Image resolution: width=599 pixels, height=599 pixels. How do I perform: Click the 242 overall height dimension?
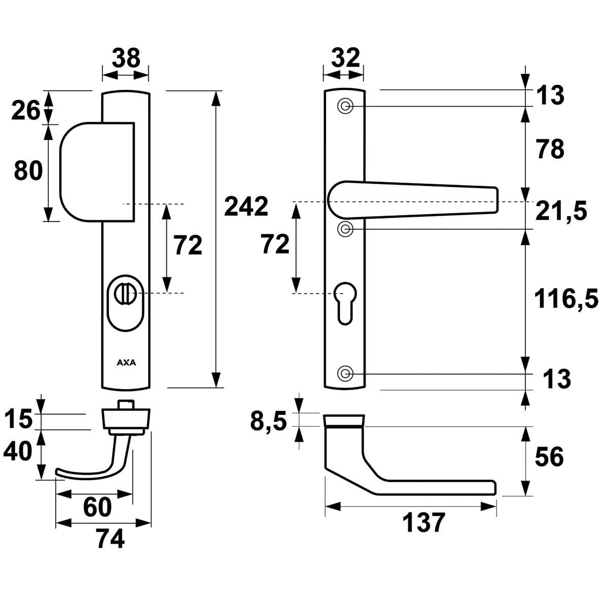tap(246, 207)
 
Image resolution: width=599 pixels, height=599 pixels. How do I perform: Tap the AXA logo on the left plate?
tap(126, 363)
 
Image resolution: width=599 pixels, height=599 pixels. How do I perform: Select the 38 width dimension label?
tap(126, 59)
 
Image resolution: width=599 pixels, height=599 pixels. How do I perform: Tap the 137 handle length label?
tap(424, 523)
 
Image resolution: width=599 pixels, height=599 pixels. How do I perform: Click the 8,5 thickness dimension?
tap(268, 421)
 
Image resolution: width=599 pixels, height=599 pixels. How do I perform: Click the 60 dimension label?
tap(97, 507)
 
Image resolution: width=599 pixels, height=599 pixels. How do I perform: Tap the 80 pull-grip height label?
tap(28, 171)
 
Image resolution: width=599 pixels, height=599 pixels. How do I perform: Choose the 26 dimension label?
tap(25, 110)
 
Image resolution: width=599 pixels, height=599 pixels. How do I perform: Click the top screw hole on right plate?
tap(345, 107)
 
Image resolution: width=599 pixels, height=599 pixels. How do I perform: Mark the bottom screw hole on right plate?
tap(345, 374)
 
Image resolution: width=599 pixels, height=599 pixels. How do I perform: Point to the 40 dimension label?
tap(18, 451)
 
